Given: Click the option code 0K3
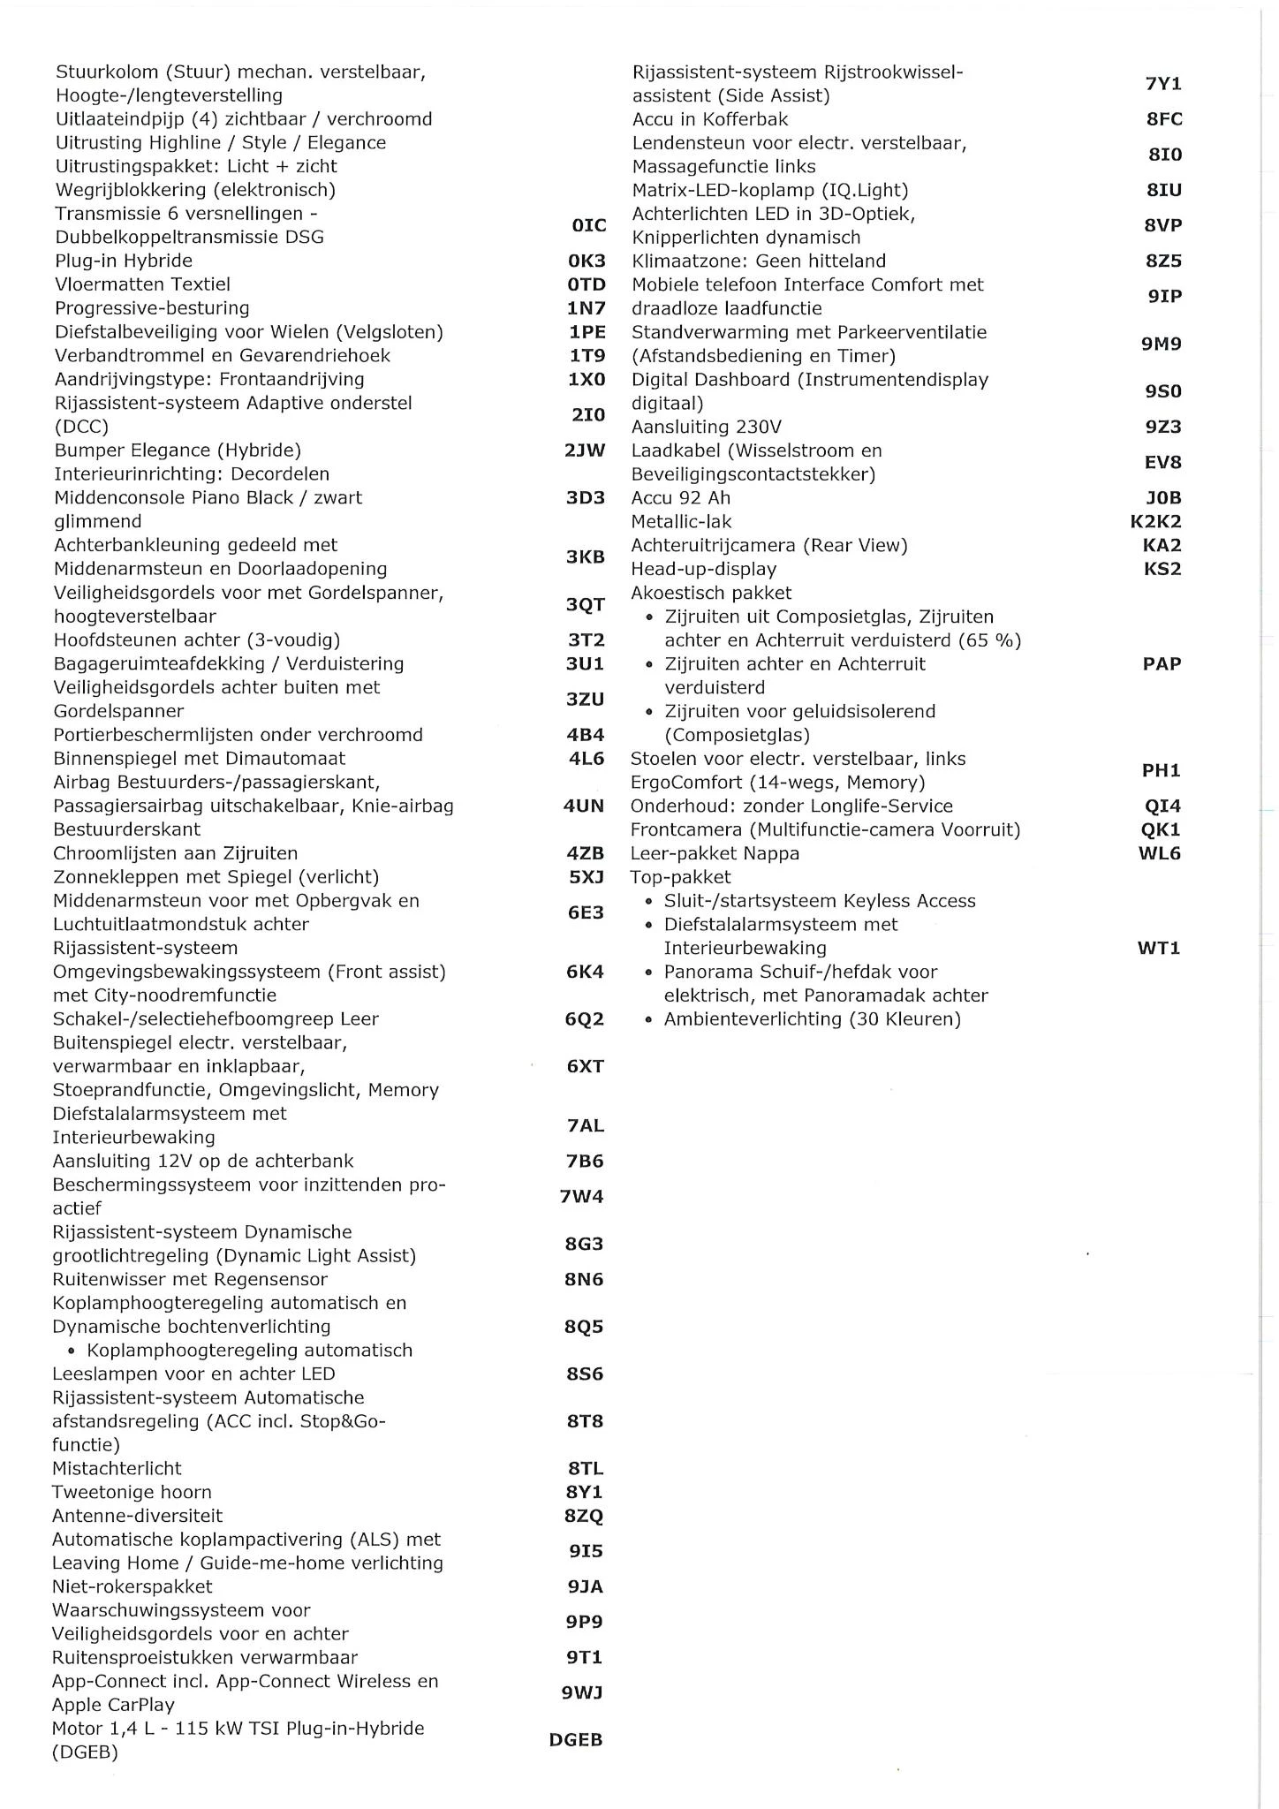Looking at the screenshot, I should (x=587, y=261).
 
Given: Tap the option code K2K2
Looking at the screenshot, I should (x=1155, y=521).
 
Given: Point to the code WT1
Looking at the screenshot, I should (x=1159, y=948).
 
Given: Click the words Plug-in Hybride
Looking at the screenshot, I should (x=124, y=261).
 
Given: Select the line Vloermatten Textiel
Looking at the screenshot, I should (x=142, y=284).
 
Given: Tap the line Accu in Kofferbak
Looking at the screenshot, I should (x=710, y=119).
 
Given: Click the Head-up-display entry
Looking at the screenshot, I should (x=703, y=569).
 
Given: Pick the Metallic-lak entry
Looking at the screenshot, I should (x=681, y=522).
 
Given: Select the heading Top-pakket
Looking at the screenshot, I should (x=680, y=877).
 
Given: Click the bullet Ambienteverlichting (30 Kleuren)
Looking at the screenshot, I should (x=812, y=1019).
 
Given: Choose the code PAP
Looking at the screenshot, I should (x=1162, y=663).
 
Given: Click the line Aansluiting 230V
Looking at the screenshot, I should (x=706, y=427).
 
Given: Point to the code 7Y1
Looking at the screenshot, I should (x=1162, y=84).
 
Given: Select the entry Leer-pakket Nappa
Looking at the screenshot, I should (x=715, y=853).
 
